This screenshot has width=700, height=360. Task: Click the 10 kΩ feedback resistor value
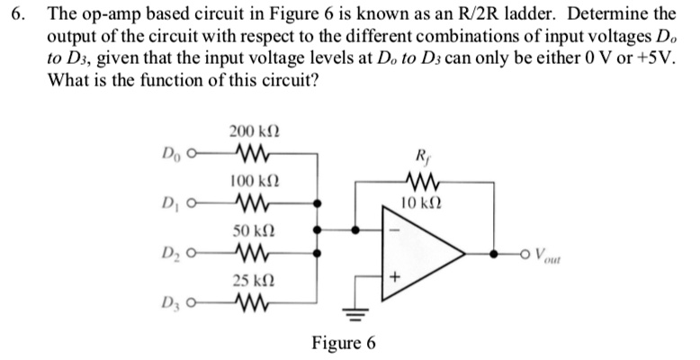[x=422, y=202]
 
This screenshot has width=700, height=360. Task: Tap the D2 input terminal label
[x=172, y=253]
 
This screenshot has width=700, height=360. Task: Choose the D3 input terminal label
[x=172, y=302]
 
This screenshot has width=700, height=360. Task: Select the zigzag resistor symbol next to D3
[x=245, y=301]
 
